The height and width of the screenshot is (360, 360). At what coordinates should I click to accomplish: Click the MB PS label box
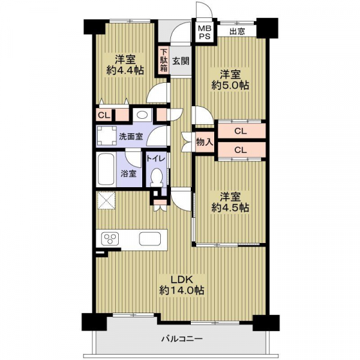pos(205,32)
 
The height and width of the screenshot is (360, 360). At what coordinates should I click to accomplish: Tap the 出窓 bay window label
pos(237,31)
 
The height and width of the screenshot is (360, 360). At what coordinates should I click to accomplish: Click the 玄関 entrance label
pos(181,61)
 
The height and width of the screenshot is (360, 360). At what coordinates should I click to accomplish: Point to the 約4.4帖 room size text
pos(125,70)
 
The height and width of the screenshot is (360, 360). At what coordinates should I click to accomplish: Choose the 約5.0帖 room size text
pos(230,86)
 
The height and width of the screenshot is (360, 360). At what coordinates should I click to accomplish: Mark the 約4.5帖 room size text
pos(230,208)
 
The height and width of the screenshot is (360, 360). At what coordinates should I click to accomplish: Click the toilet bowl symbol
pos(157,178)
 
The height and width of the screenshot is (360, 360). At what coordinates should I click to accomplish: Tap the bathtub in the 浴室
pos(106,169)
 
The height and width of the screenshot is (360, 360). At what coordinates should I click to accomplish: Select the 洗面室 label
pos(131,137)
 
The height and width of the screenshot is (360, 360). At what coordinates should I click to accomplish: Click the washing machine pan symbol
pos(107,136)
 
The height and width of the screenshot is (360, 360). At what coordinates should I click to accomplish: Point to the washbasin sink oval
pos(142,115)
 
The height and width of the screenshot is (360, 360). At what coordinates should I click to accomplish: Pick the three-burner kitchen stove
pos(111,239)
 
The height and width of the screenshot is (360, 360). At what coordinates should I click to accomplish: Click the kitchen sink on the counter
pos(150,239)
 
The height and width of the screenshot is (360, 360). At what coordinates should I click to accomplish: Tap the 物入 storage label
pos(205,142)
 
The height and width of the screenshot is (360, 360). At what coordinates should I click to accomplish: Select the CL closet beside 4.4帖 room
pos(104,115)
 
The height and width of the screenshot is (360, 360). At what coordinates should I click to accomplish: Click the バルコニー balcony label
pos(182,338)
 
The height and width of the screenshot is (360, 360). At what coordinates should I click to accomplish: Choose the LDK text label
pos(182,280)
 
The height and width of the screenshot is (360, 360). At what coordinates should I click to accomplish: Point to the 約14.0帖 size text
pos(182,290)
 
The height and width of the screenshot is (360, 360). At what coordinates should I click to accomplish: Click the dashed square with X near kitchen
pos(107,200)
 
